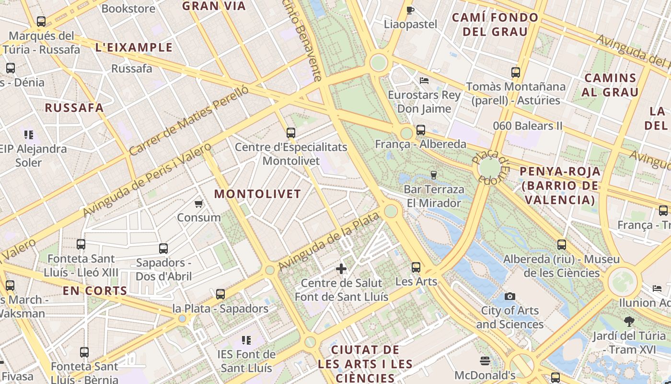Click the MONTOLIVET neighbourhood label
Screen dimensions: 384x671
[x=257, y=194]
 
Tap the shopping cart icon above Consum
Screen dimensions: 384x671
[x=199, y=204]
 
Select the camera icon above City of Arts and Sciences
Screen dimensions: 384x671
[x=510, y=297]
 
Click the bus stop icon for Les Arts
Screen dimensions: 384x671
[x=416, y=267]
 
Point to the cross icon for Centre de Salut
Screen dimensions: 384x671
[x=341, y=269]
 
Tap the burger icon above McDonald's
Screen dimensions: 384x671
[x=485, y=361]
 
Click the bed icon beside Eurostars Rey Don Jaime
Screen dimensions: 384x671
[x=424, y=81]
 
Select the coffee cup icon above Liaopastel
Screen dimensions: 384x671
[x=410, y=10]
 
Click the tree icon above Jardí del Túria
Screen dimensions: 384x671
[x=629, y=322]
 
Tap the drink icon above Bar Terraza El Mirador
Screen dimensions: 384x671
[x=434, y=175]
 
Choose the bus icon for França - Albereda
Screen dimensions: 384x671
[x=421, y=130]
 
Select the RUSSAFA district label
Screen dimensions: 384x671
[x=74, y=108]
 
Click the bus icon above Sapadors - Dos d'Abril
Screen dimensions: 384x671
[x=163, y=249]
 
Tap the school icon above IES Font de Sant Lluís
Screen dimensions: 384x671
[x=246, y=341]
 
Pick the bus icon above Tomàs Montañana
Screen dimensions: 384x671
[x=516, y=73]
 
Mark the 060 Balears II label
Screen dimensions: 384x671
[x=528, y=126]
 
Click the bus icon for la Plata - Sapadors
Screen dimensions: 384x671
[x=220, y=294]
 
